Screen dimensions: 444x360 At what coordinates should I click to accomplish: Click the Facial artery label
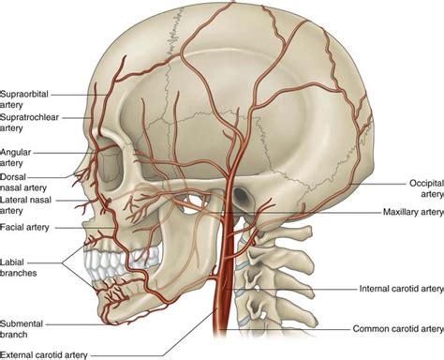pos(26,228)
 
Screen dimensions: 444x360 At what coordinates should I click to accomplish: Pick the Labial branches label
pos(22,264)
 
